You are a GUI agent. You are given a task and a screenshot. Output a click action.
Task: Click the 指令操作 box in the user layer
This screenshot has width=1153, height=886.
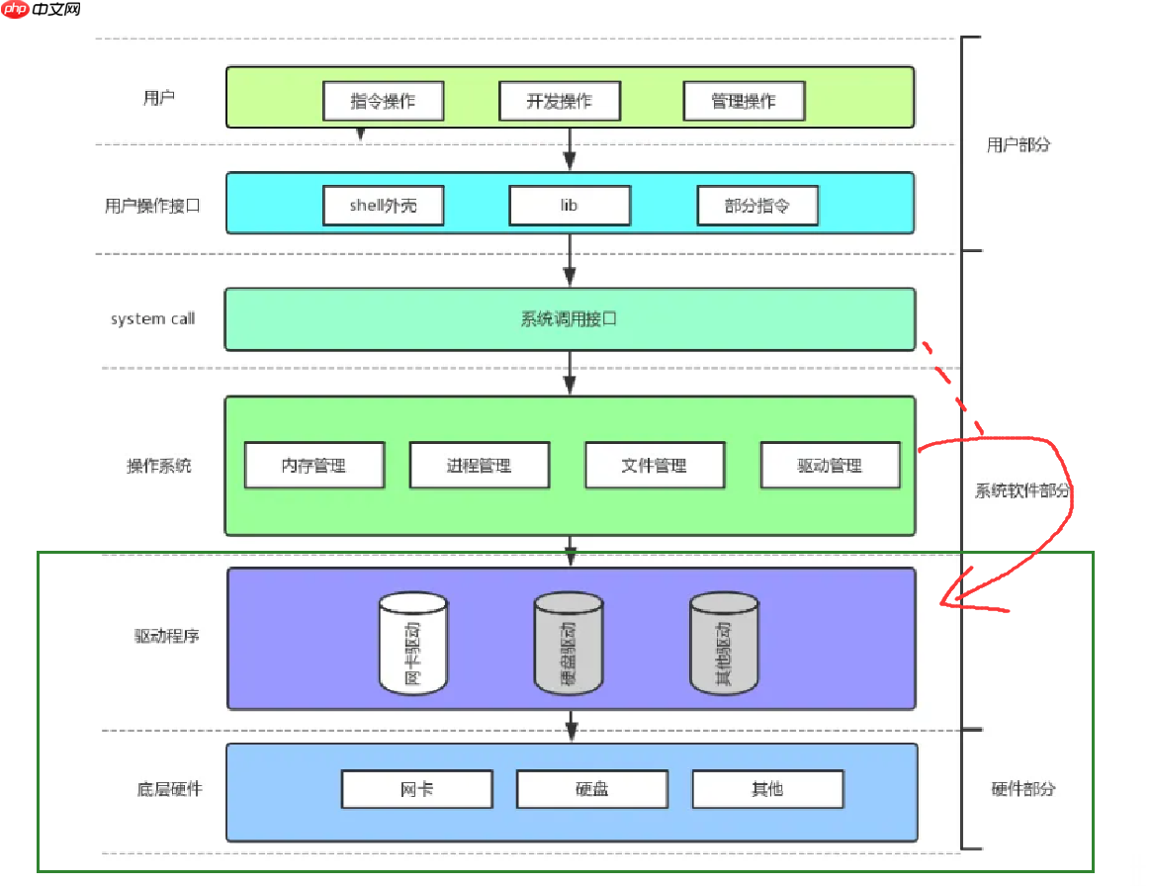click(384, 101)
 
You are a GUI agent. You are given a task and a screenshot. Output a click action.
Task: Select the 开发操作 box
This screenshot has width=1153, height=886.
click(560, 101)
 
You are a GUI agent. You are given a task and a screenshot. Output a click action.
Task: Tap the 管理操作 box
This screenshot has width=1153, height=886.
click(744, 101)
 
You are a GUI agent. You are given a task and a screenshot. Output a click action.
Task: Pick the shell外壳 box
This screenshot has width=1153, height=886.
click(384, 206)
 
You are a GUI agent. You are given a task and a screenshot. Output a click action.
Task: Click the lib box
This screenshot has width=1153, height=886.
click(570, 206)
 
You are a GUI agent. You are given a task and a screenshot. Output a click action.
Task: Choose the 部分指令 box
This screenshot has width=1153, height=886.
click(757, 206)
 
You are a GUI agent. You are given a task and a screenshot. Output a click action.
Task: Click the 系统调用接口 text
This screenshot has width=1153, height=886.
click(570, 319)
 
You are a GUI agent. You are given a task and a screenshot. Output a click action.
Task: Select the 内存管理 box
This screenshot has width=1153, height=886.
click(314, 465)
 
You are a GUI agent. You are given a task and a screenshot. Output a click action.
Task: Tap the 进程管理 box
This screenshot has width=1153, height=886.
click(480, 465)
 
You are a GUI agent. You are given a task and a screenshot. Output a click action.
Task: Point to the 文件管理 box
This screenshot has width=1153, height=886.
click(655, 465)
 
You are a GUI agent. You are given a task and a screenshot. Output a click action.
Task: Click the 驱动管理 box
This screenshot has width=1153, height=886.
click(831, 465)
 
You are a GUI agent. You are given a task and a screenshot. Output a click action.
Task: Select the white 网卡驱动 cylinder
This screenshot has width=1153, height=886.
click(413, 643)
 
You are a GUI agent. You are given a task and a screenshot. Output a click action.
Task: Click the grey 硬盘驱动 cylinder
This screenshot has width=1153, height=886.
click(569, 643)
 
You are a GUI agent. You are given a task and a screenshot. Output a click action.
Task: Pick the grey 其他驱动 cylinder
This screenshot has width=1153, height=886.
click(724, 643)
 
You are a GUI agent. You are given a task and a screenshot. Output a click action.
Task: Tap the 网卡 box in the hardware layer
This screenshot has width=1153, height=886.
click(417, 789)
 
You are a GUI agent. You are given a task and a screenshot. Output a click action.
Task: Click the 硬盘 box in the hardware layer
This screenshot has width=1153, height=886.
click(592, 789)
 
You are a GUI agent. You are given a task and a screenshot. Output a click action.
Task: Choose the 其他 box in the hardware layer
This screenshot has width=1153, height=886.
click(767, 789)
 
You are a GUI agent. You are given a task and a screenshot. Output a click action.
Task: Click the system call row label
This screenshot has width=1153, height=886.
click(153, 319)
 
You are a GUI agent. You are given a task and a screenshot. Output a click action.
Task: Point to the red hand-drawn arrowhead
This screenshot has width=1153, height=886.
click(951, 599)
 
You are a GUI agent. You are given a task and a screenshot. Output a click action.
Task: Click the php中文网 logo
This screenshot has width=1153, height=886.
click(42, 11)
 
